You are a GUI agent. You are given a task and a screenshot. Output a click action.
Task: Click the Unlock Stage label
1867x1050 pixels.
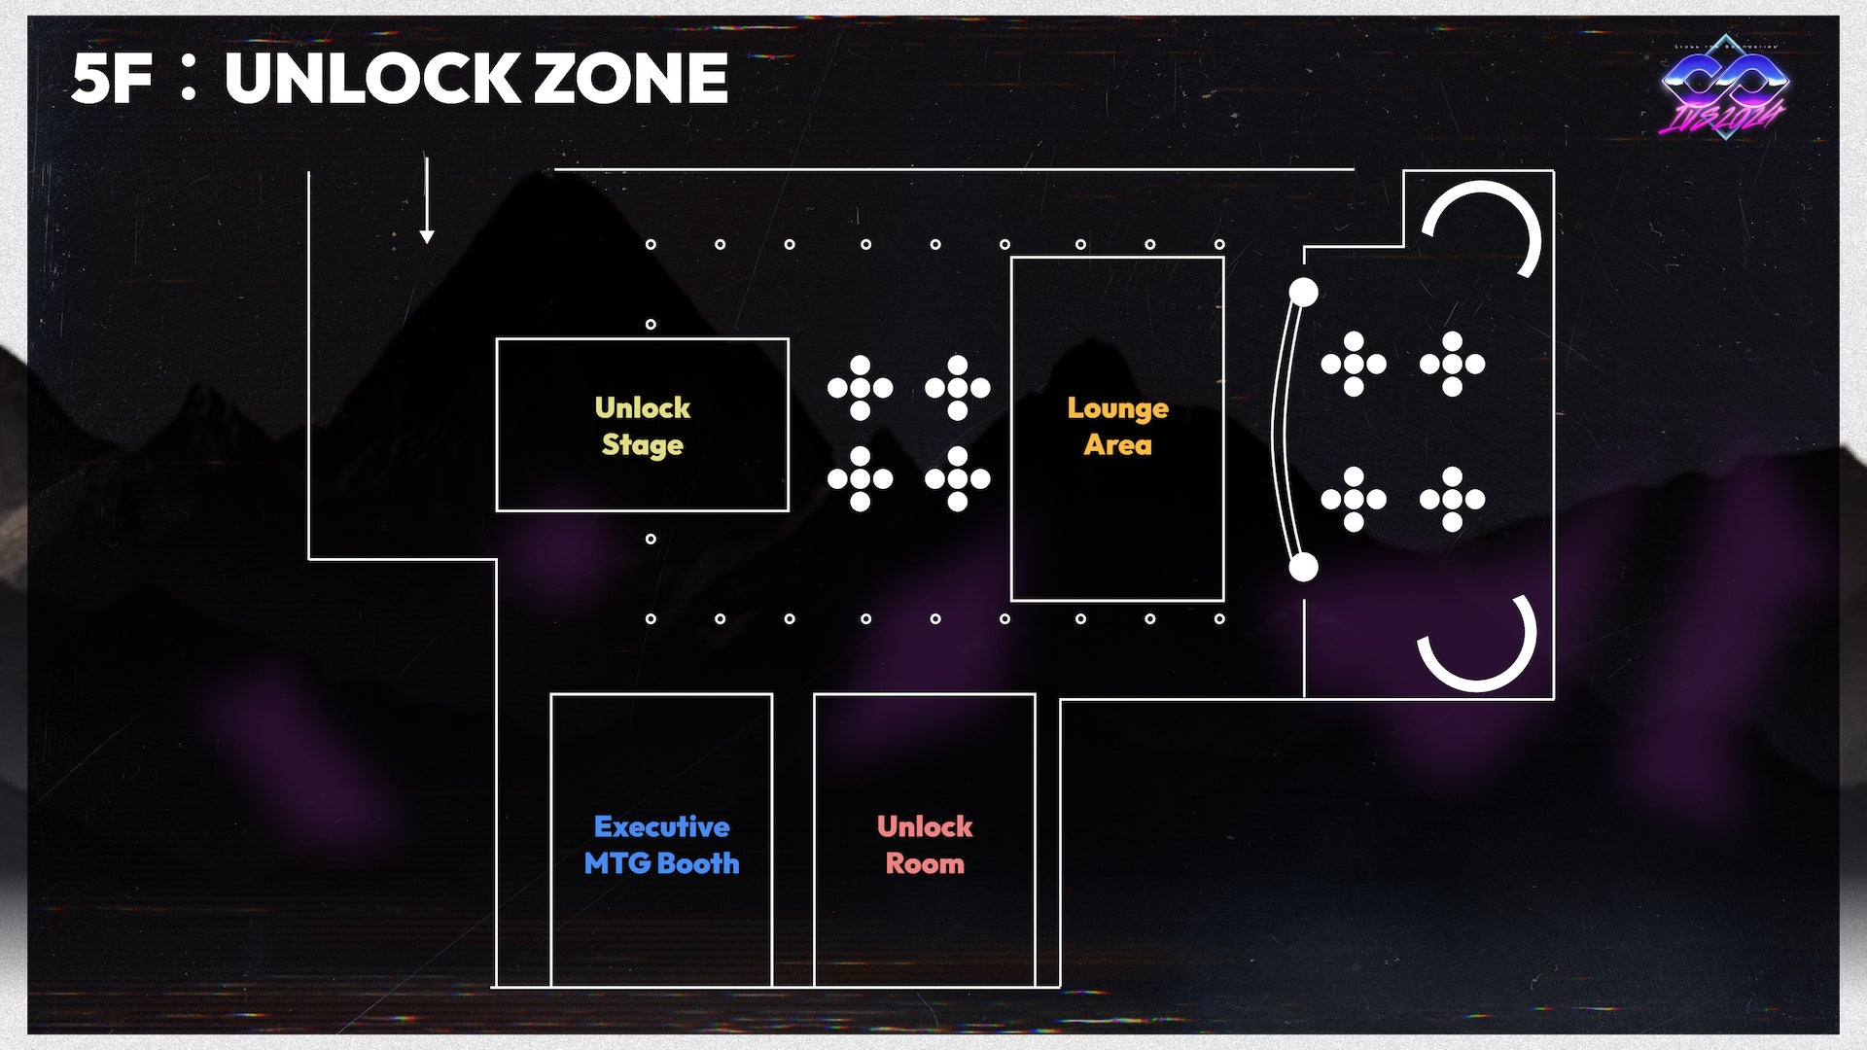click(642, 426)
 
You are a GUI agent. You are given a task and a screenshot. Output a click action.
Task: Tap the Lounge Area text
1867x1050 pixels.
click(1117, 426)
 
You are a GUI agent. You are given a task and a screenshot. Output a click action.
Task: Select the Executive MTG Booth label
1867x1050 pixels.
click(661, 845)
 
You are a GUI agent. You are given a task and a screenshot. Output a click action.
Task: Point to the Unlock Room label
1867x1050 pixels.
click(924, 845)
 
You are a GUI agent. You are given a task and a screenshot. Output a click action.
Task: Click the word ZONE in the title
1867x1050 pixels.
click(631, 79)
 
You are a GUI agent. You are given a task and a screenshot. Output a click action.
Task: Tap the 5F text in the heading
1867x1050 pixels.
click(111, 79)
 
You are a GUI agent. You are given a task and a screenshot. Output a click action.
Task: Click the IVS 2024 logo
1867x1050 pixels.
click(1724, 87)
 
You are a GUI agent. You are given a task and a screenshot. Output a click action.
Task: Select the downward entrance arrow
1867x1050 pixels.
click(426, 199)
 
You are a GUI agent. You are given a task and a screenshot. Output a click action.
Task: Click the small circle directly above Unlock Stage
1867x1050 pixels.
click(651, 324)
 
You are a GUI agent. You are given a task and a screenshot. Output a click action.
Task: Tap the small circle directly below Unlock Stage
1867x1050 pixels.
click(651, 539)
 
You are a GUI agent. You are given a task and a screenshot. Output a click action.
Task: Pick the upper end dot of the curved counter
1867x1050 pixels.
click(1303, 292)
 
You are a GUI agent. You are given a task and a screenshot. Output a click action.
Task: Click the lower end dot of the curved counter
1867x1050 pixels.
click(1303, 567)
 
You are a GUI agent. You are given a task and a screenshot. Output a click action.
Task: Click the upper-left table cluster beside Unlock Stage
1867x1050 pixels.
click(860, 388)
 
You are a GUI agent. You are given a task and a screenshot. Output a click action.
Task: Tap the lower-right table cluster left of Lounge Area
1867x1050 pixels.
click(957, 478)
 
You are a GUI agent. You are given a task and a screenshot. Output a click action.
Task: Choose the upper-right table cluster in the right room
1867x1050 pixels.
click(1452, 364)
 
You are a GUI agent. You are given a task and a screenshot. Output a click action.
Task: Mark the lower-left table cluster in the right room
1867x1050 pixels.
click(1354, 499)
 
